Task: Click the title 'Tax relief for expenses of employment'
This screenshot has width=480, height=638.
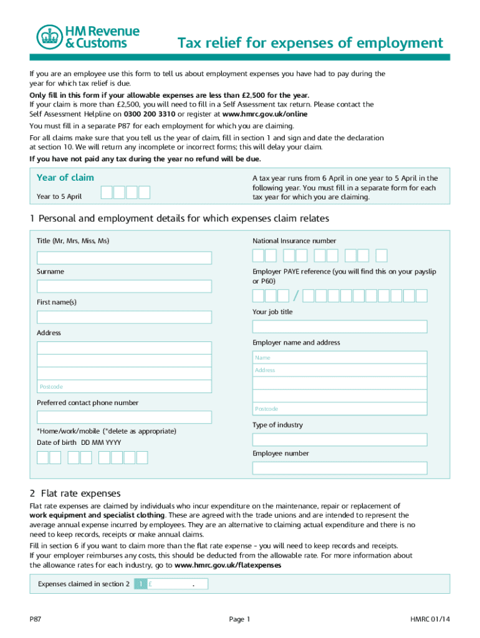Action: tap(310, 43)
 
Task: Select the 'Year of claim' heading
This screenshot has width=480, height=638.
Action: tap(65, 178)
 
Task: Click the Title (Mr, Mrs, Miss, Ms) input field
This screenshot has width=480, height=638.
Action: tap(124, 258)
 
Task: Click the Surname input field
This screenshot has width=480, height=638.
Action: tap(124, 287)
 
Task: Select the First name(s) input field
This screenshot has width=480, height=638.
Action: tap(124, 317)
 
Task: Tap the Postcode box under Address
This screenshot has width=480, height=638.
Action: tap(124, 387)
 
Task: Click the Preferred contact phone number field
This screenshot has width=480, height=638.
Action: tap(124, 417)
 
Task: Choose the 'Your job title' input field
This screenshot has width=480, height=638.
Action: tap(339, 326)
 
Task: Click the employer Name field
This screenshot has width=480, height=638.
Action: tap(339, 358)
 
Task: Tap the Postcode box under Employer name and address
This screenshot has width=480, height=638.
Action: tap(339, 409)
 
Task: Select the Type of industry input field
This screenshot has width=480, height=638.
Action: tap(339, 440)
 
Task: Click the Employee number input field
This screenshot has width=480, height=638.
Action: tap(339, 468)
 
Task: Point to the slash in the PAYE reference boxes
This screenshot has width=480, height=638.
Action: tap(295, 295)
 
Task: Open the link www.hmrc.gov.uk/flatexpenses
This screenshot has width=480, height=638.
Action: tap(228, 565)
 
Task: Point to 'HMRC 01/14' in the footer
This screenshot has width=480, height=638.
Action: tap(430, 619)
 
